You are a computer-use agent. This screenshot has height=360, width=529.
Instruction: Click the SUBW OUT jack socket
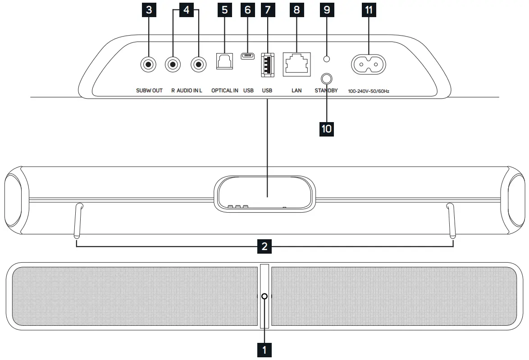coord(148,64)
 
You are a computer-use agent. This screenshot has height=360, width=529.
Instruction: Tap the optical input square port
coord(224,61)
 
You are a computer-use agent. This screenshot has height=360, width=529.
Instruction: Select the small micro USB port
coord(248,56)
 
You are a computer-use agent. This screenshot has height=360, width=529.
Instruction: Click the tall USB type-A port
coord(267,64)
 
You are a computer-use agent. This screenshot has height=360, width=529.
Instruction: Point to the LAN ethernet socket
coord(296,64)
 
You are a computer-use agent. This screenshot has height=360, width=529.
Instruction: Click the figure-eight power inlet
coord(369,64)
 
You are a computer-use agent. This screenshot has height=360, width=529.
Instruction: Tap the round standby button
coord(326,79)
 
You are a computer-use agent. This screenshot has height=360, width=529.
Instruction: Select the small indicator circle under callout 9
coord(326,59)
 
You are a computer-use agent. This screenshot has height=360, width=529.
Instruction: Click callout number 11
coord(369,10)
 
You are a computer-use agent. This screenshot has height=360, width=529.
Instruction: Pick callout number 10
coord(326,129)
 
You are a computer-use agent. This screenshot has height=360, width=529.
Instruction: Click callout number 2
coord(264,246)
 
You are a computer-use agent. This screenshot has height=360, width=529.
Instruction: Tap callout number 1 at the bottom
coord(264,350)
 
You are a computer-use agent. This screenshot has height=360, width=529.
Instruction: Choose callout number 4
coord(186,10)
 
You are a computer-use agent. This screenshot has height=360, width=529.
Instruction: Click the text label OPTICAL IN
coord(225,91)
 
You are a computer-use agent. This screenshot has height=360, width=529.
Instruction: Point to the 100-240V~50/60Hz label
coord(369,91)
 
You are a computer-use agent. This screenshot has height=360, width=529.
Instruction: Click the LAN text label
coord(296,91)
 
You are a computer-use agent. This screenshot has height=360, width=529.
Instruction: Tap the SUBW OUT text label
coord(149,91)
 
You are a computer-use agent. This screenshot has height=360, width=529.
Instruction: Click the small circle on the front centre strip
coord(264,296)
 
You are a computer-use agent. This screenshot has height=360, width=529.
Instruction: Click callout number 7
coord(268,10)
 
